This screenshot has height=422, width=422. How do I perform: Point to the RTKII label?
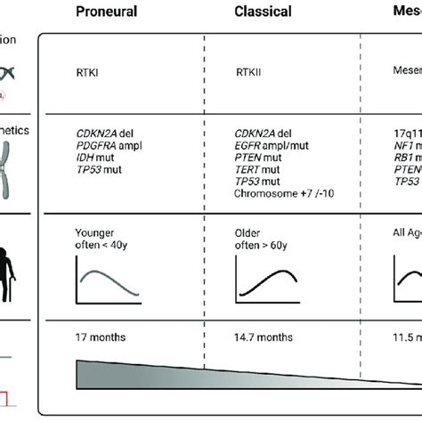point(247,77)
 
